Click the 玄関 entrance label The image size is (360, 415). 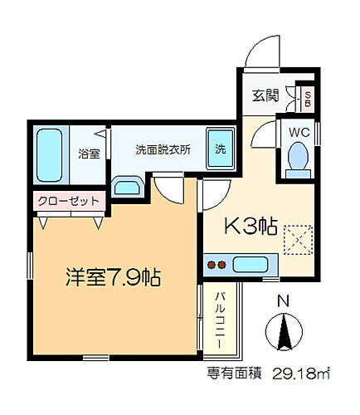[x=266, y=97]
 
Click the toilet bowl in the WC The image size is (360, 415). [x=296, y=157]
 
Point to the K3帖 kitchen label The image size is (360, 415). [x=252, y=226]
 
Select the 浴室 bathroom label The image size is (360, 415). [x=89, y=153]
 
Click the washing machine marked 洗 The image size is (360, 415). [x=221, y=149]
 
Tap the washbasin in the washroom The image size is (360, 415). [x=129, y=185]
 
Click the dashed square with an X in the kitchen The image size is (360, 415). [x=295, y=239]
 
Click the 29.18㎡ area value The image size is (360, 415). [x=309, y=373]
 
